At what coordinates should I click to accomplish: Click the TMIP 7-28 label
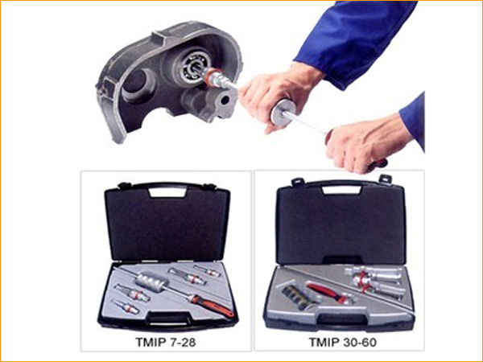(165, 342)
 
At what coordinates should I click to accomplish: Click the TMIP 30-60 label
(343, 342)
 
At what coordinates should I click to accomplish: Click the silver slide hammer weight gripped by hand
(283, 113)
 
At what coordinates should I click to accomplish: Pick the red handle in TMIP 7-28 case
(213, 306)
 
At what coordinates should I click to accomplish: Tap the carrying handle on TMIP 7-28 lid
(167, 191)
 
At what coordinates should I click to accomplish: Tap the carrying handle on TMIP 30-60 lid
(341, 189)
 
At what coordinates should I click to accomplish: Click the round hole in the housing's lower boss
(225, 100)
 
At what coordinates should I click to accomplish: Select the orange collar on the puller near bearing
(213, 77)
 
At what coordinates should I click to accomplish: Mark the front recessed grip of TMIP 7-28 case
(167, 318)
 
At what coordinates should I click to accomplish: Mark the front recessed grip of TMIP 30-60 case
(341, 319)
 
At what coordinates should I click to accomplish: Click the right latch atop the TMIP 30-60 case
(385, 179)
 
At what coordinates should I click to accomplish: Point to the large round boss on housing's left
(137, 85)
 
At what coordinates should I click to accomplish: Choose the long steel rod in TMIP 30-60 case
(348, 289)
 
